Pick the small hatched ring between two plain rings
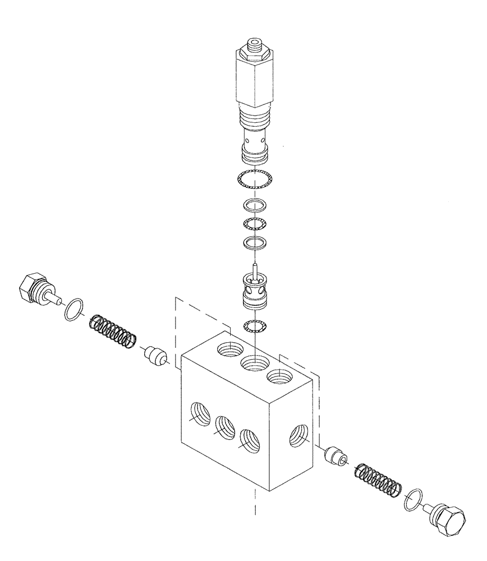point(254,224)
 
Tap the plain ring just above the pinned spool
point(254,243)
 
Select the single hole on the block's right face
point(297,437)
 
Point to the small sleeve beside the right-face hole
point(335,456)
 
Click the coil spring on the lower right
point(378,479)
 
